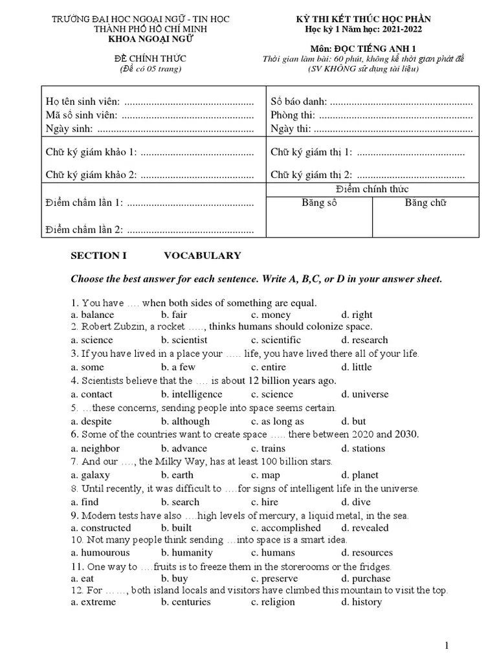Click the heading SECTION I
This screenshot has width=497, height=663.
coord(98,256)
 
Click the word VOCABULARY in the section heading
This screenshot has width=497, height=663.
coord(202,256)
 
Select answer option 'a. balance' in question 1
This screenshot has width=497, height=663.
coord(93,315)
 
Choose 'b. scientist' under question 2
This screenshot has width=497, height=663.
coord(184,340)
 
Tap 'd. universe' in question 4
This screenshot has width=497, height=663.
coord(365,394)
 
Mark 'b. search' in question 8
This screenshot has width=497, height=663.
coord(181,502)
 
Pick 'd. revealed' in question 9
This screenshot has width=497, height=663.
coord(365,528)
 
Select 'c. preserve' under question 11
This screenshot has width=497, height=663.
coord(274,578)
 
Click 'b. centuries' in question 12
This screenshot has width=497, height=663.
coord(186,601)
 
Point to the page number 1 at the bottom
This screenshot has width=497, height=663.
coord(447,645)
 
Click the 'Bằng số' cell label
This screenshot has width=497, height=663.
coord(319,203)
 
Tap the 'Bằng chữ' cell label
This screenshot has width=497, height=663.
coord(425,203)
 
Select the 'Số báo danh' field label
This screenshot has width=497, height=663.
coord(298,102)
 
